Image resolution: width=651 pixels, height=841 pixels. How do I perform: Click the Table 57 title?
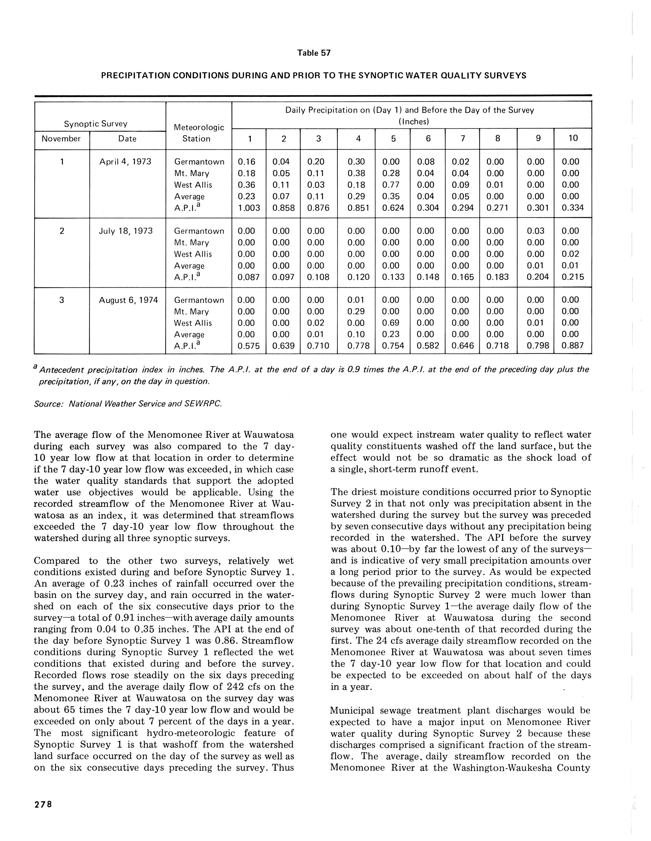pyautogui.click(x=314, y=53)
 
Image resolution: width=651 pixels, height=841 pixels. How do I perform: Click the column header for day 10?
pyautogui.click(x=573, y=138)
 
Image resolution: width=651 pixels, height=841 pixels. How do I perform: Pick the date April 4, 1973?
pyautogui.click(x=125, y=162)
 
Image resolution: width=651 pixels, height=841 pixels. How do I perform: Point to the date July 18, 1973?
pyautogui.click(x=126, y=231)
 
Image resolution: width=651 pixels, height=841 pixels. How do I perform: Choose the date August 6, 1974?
pyautogui.click(x=128, y=300)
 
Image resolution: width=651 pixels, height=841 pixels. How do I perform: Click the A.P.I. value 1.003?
pyautogui.click(x=249, y=208)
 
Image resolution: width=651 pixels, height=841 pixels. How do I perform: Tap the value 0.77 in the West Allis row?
pyautogui.click(x=393, y=185)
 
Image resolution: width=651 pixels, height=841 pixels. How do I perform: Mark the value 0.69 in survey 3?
pyautogui.click(x=393, y=323)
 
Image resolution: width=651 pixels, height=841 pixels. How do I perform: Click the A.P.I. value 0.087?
pyautogui.click(x=249, y=277)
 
